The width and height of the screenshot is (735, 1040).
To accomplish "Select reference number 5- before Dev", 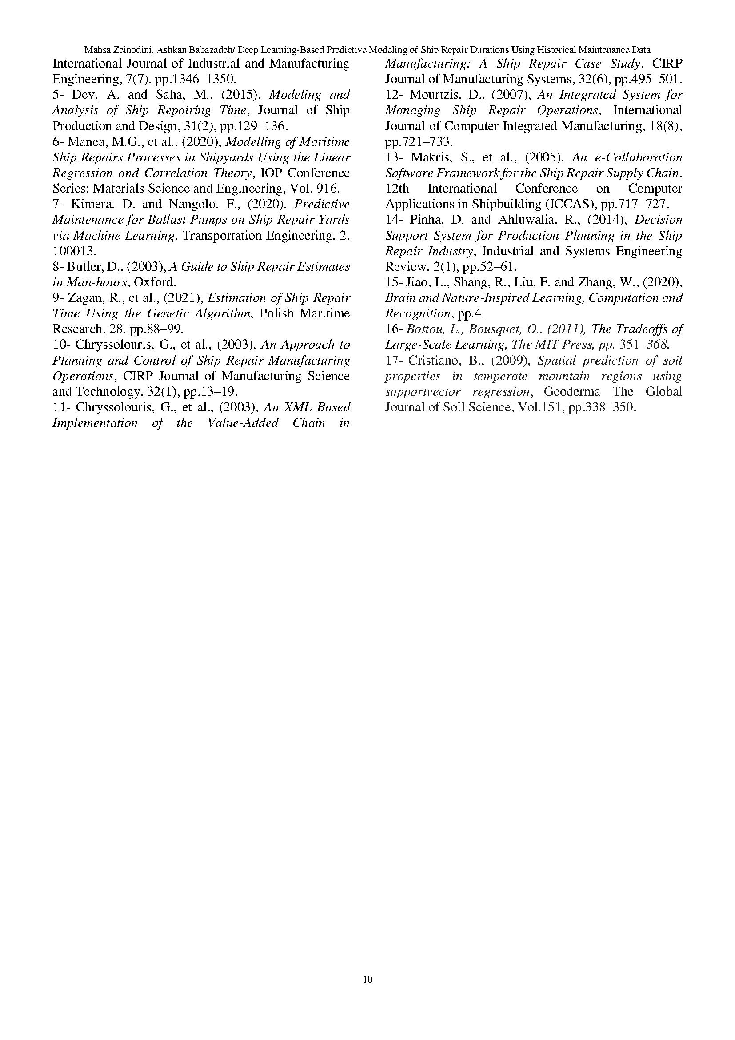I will tap(59, 95).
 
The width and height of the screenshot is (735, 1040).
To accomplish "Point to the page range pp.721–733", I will tap(418, 142).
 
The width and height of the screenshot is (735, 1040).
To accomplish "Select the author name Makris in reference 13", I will tap(430, 158).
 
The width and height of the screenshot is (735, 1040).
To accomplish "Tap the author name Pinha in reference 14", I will tap(425, 220).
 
